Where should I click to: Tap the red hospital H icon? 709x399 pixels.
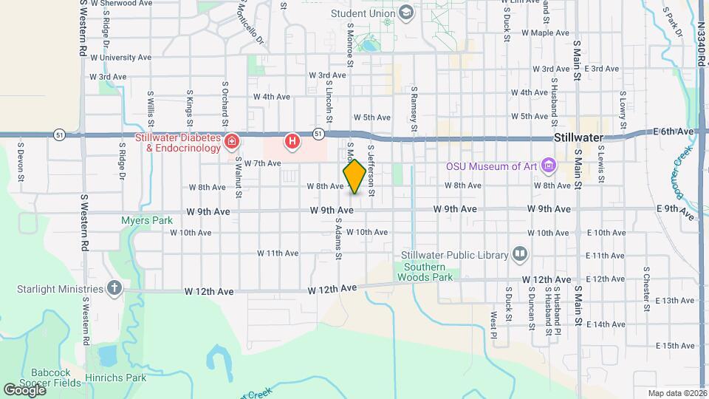point(293,140)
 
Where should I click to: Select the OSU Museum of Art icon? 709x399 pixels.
point(548,165)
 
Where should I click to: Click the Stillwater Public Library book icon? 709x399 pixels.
point(520,255)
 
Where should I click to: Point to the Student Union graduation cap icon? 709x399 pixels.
point(405,12)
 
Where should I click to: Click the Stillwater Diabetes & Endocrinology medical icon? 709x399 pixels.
point(232,140)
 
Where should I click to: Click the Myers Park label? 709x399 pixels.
point(147,220)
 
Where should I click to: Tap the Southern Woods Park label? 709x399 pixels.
point(424,271)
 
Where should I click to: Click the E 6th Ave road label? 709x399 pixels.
point(673,132)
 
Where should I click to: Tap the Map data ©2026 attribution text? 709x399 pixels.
point(676,393)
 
